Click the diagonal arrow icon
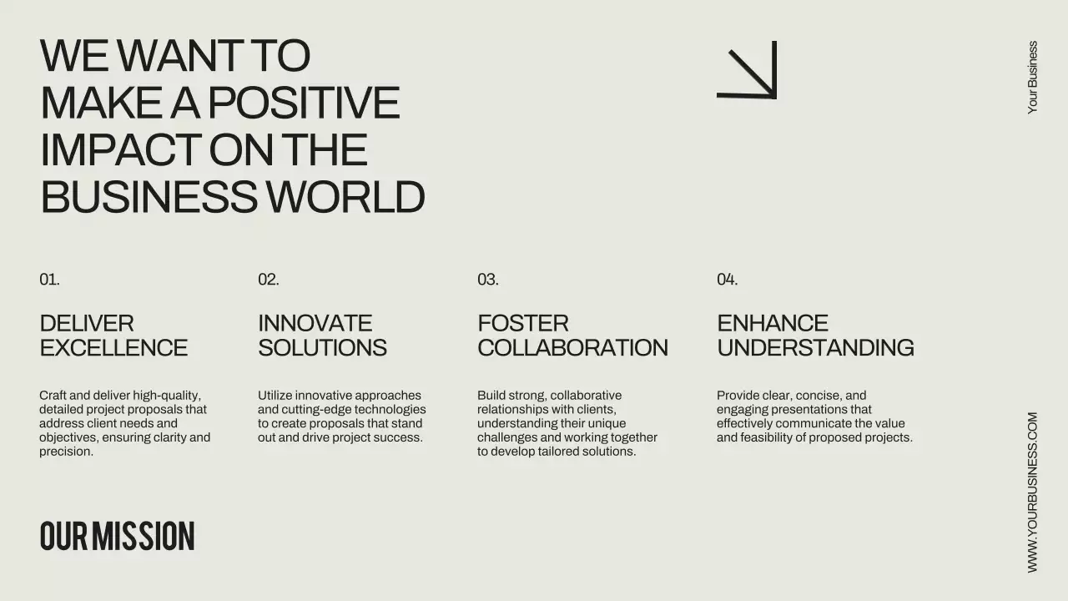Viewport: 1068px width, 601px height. point(748,70)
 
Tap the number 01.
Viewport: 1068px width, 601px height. point(49,280)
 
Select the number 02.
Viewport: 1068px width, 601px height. point(268,280)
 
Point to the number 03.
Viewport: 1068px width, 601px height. point(488,280)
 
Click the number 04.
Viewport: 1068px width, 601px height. point(727,280)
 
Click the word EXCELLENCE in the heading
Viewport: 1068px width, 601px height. point(113,347)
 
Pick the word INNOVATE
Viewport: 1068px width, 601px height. point(315,323)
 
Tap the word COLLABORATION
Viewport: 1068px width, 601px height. point(572,347)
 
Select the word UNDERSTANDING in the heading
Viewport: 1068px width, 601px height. point(815,347)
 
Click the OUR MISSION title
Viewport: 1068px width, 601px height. point(117,536)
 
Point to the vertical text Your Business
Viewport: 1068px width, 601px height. point(1033,78)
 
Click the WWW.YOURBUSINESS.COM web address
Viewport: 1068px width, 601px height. point(1033,492)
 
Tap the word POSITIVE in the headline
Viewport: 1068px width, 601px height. point(303,103)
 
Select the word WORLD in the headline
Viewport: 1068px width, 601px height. point(345,198)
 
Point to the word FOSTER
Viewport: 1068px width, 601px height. point(522,323)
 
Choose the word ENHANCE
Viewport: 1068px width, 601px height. point(773,323)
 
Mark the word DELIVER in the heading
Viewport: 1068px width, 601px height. point(87,323)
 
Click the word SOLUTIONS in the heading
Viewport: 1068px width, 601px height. point(322,347)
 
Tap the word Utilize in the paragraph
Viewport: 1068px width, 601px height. point(275,396)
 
